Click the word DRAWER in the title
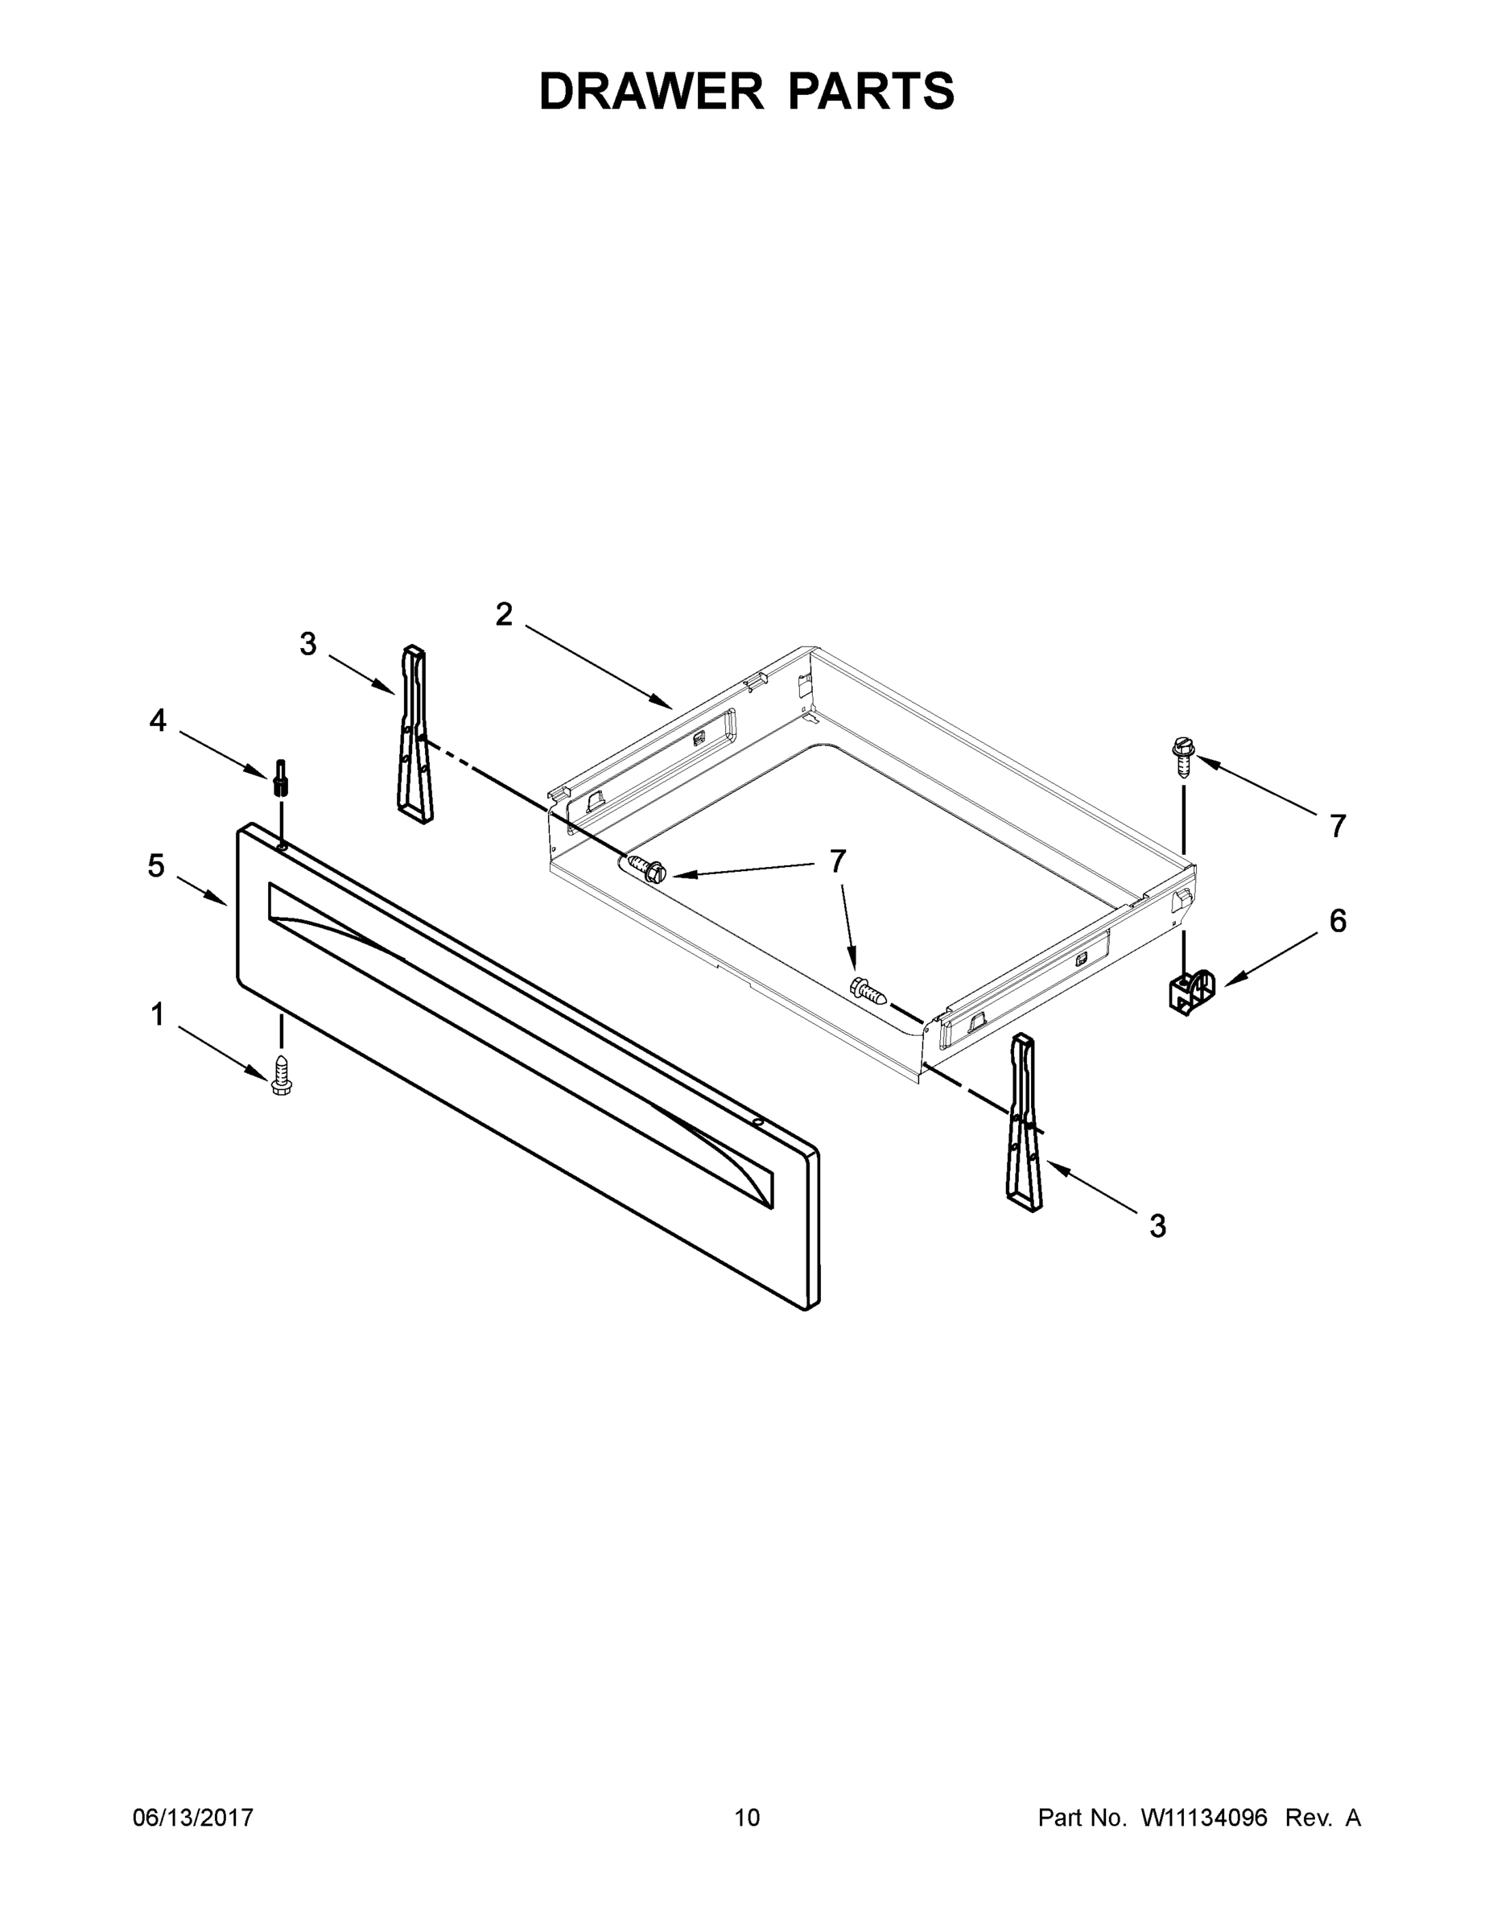(650, 91)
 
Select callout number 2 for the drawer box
(503, 614)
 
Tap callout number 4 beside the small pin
(158, 721)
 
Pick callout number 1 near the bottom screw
(158, 1014)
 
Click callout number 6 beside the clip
(1338, 921)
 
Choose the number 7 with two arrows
(837, 861)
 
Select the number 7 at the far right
(1338, 826)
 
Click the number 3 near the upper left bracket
(307, 644)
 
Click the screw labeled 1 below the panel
(281, 1075)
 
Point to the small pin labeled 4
(280, 778)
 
